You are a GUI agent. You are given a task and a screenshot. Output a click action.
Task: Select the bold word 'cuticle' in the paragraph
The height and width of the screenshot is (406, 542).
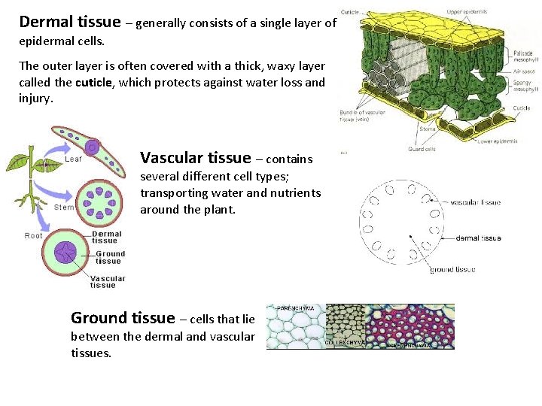93,83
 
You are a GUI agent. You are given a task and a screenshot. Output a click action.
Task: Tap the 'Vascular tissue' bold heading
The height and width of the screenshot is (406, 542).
195,158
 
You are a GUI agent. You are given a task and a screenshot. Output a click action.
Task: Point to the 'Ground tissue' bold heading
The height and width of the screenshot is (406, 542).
123,318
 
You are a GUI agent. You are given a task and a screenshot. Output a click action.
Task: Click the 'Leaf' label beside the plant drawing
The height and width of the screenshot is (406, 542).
74,159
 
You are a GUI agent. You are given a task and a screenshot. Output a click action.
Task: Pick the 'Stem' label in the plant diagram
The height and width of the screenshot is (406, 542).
65,207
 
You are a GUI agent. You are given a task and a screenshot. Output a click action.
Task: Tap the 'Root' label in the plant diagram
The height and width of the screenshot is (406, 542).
34,235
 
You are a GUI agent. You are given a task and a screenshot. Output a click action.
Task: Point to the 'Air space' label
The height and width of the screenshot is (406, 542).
524,72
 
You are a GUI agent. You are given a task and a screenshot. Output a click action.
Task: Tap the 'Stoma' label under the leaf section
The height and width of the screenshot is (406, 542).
427,129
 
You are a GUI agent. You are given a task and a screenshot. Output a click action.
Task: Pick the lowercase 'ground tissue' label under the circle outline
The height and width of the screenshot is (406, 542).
452,269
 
